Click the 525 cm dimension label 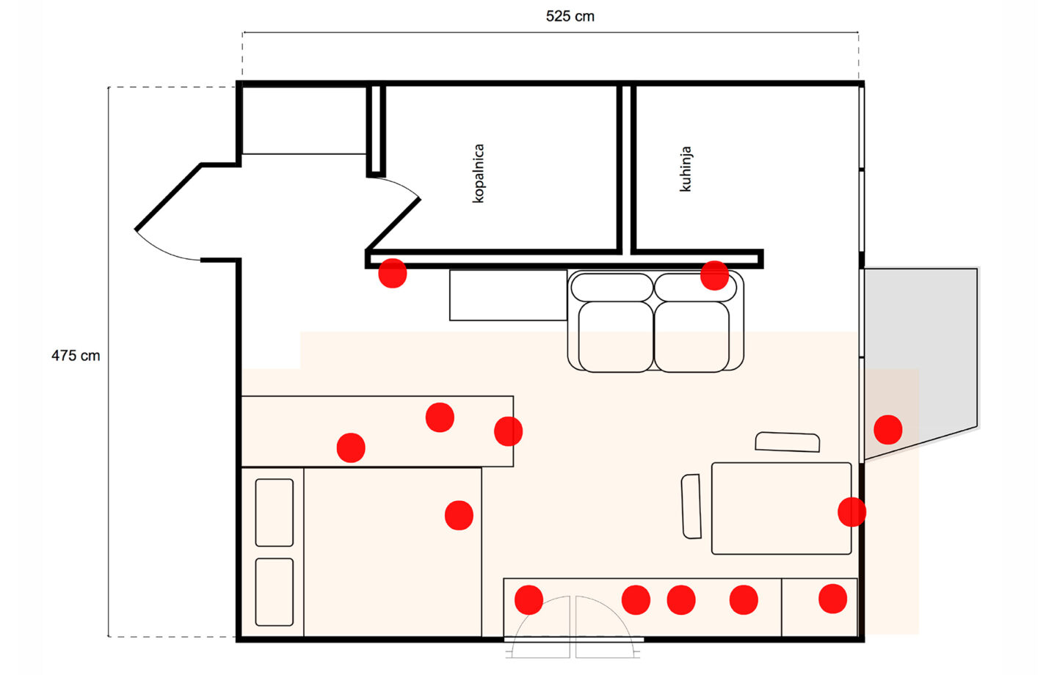pos(570,16)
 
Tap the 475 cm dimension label pos(76,356)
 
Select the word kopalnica pos(479,173)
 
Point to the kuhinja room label pos(686,169)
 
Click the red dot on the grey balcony pos(887,430)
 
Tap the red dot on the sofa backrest pos(714,276)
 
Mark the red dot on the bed pos(459,515)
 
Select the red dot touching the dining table pos(851,511)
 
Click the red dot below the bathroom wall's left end pos(393,274)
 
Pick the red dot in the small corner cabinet pos(832,599)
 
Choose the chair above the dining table pos(787,442)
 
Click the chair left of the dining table pos(691,506)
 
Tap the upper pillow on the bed pos(274,512)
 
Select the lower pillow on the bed pos(274,591)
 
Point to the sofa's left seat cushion pos(615,336)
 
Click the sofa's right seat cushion pos(691,336)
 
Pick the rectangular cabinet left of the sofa pos(508,295)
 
